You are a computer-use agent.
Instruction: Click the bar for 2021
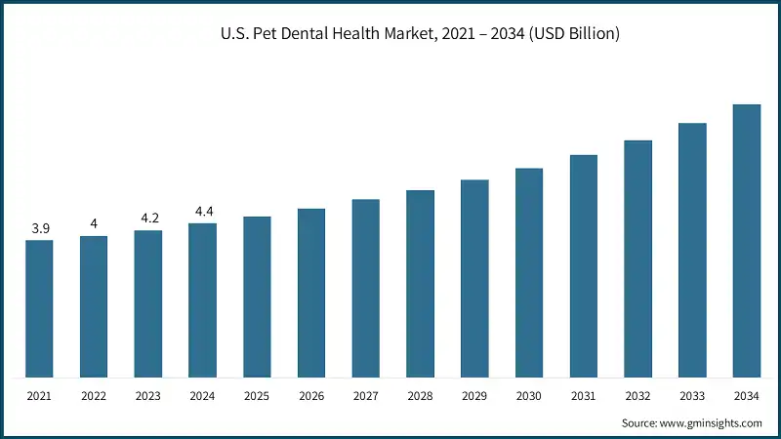pos(40,308)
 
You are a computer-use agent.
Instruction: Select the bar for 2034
pos(747,240)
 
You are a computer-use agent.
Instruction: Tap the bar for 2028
pos(420,283)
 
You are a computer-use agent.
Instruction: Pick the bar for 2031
pos(584,265)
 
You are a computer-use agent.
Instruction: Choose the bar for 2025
pos(257,297)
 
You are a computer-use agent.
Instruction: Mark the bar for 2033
pos(692,250)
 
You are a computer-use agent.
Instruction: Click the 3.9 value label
pos(40,228)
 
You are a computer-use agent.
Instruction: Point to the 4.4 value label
pos(203,212)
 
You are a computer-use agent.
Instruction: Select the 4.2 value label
pos(148,219)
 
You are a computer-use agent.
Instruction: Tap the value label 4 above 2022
pos(94,224)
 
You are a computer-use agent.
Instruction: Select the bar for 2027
pos(366,288)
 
